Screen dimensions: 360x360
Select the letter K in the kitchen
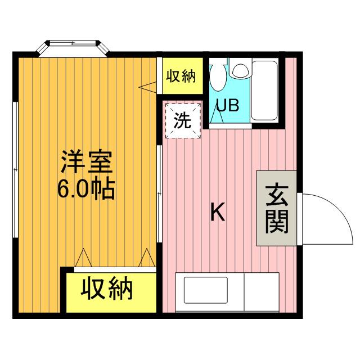point(218,213)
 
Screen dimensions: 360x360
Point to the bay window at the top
point(73,46)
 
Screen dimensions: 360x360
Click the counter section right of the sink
point(262,291)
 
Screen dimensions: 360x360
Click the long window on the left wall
point(16,169)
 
